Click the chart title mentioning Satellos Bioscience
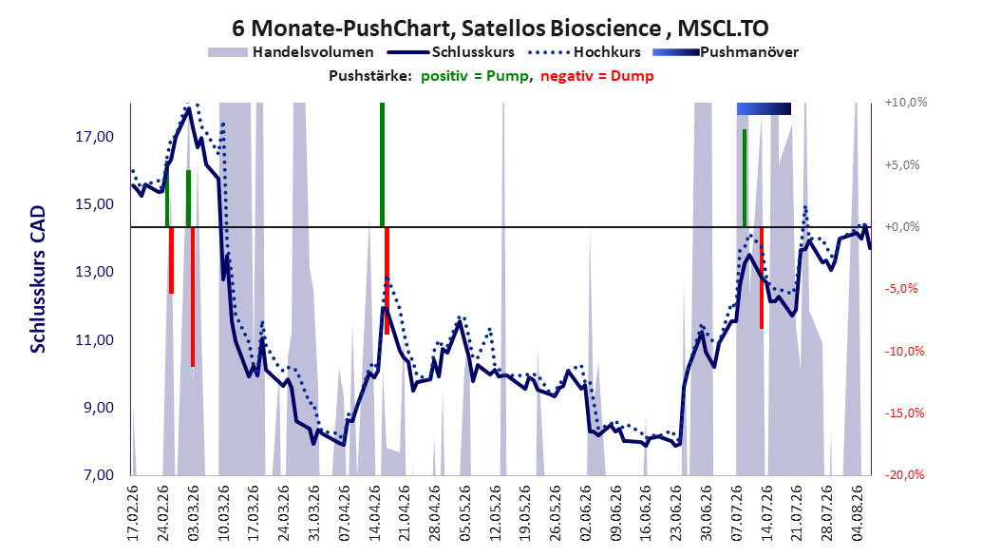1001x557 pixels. (500, 29)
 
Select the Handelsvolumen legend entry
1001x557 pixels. (292, 52)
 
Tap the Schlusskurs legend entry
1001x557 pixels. (450, 52)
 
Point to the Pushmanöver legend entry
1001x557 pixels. (726, 52)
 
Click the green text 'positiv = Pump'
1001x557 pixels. (474, 76)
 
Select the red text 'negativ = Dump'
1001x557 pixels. (597, 76)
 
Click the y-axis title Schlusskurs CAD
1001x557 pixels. (38, 279)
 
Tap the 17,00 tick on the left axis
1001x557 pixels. (94, 137)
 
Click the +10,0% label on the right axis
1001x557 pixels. (906, 103)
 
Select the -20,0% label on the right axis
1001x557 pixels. (905, 474)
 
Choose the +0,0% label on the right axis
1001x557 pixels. (902, 227)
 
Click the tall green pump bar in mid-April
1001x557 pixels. (382, 164)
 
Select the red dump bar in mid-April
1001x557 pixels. (387, 280)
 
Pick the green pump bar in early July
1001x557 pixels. (745, 178)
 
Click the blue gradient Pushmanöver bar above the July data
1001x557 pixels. (764, 108)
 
